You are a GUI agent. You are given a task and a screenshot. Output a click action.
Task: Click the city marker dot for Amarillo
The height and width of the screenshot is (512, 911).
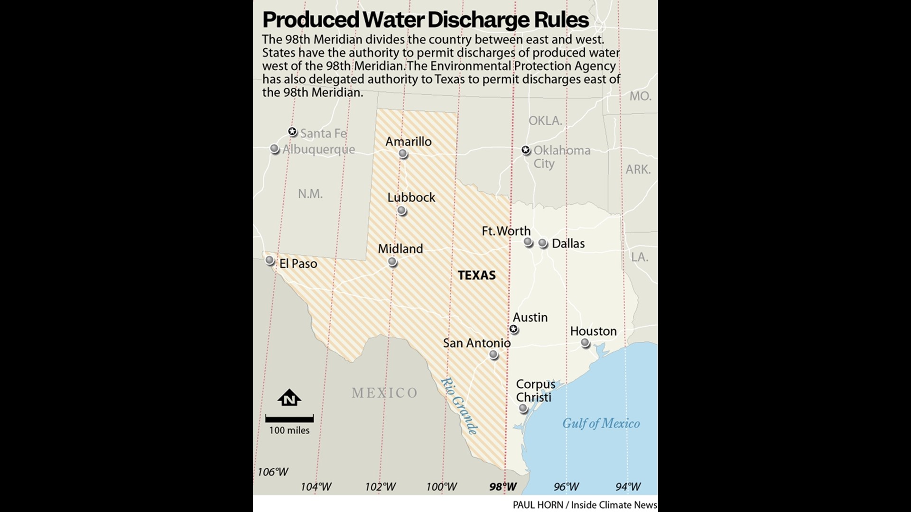tap(403, 153)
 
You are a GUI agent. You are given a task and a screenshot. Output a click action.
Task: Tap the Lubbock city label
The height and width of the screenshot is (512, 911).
tap(411, 197)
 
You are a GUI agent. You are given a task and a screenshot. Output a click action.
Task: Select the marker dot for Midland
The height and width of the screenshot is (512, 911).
tap(392, 262)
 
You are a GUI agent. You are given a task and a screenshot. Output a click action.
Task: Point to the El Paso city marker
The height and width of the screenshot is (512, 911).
tap(270, 260)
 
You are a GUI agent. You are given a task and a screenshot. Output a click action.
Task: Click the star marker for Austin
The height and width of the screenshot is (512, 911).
tap(513, 329)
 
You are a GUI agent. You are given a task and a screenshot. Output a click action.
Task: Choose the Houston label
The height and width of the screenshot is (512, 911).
tap(593, 331)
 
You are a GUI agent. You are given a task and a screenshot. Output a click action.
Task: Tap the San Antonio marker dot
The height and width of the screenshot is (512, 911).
tap(493, 355)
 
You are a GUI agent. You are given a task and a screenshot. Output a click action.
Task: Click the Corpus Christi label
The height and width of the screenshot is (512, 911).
tap(535, 391)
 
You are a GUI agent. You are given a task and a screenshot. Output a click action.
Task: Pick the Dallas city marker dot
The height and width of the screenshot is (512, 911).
tap(543, 243)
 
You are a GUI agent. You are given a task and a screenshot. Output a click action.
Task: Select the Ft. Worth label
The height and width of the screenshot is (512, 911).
tap(506, 231)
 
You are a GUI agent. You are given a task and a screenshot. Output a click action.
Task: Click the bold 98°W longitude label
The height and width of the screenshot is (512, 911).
tap(503, 486)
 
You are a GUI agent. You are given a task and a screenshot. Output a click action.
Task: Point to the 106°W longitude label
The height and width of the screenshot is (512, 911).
tap(273, 472)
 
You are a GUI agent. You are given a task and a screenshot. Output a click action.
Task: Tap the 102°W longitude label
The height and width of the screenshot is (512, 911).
tap(380, 486)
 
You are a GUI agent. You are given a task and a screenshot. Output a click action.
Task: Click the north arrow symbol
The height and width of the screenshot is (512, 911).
tap(289, 398)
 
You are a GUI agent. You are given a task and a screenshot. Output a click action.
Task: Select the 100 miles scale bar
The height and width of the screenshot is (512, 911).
tap(289, 419)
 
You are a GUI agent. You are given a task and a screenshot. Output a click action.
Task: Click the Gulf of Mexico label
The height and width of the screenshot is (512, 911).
tap(601, 423)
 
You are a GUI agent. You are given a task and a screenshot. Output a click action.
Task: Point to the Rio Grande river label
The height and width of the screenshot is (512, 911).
tap(459, 406)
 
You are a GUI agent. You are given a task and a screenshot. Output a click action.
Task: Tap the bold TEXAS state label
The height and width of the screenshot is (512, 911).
tap(476, 275)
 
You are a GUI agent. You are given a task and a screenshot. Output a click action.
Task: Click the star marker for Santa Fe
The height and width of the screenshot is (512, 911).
tap(293, 131)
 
